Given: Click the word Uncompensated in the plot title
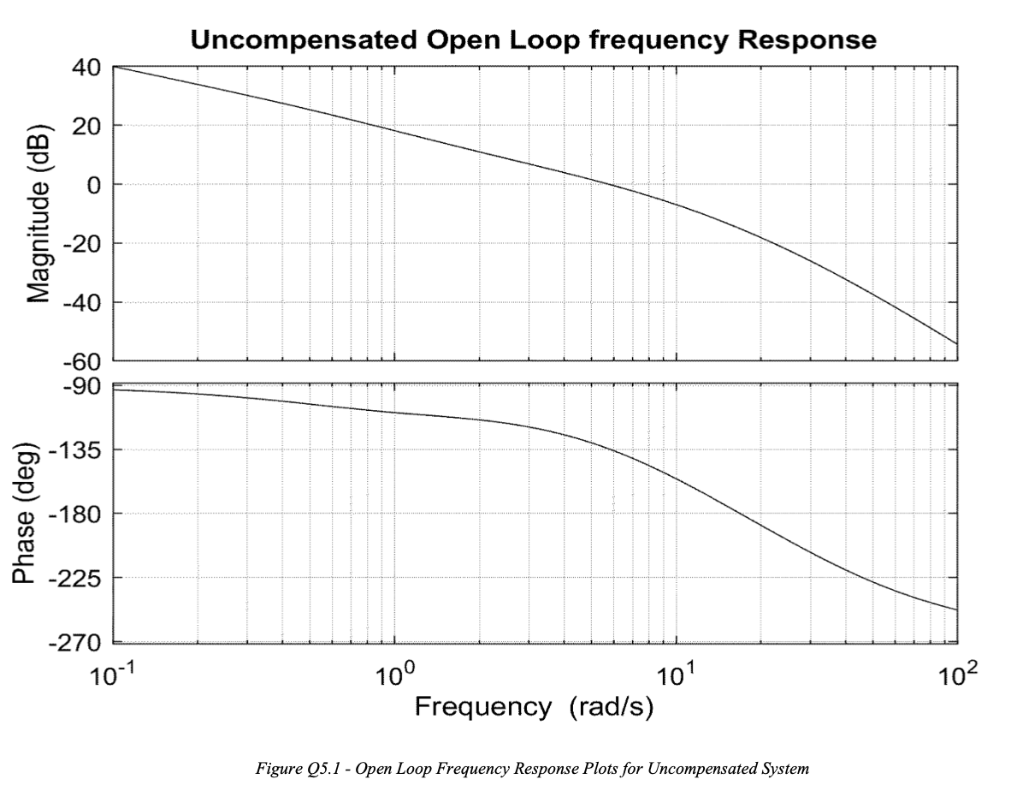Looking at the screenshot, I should tap(301, 39).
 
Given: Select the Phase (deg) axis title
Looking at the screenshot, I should tap(26, 514).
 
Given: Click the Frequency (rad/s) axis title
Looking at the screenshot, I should tap(534, 707).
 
